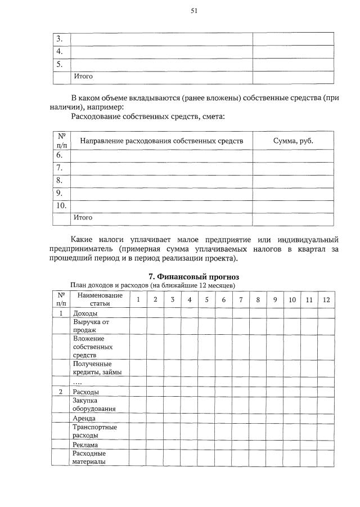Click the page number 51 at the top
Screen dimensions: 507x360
tap(193, 10)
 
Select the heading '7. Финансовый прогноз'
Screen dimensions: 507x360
tap(193, 277)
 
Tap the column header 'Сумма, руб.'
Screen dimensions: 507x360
tap(292, 140)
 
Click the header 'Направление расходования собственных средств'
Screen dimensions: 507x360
tap(161, 140)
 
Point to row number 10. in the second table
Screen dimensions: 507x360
tap(61, 205)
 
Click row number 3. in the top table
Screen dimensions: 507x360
tap(60, 39)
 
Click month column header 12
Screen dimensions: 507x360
tap(326, 299)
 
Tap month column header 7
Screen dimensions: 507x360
tap(240, 299)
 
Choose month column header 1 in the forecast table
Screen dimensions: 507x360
tap(138, 299)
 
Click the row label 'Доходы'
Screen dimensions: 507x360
tap(85, 313)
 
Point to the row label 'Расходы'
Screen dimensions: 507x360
tap(86, 392)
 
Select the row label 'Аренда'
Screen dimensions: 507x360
tap(84, 419)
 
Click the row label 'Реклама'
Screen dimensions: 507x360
tap(85, 445)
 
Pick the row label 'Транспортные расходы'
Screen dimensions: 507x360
tap(95, 431)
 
